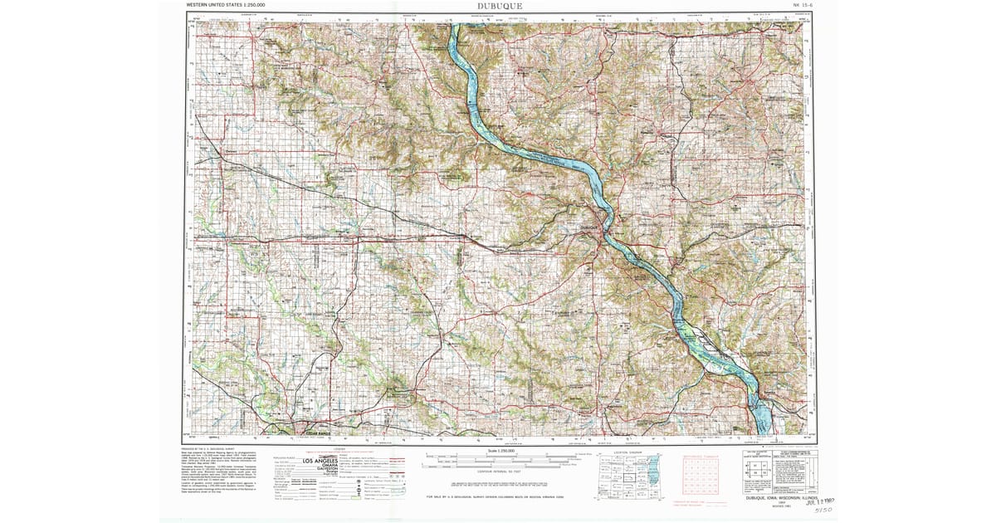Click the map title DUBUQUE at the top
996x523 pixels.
click(500, 6)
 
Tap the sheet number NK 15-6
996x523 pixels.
click(803, 5)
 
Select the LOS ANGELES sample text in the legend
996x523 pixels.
click(320, 461)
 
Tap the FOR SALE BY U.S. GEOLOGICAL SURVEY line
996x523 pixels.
click(500, 496)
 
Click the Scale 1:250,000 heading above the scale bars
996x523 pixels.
click(500, 451)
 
